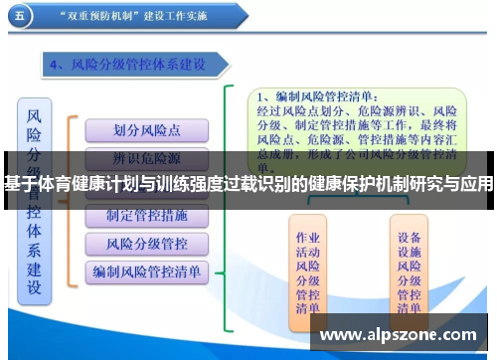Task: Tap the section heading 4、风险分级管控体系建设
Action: [138, 65]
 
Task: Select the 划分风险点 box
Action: [146, 129]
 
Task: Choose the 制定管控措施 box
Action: [146, 216]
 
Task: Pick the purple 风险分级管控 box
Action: [146, 243]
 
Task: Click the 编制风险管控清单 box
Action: [146, 270]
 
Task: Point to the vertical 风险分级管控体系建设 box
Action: [35, 199]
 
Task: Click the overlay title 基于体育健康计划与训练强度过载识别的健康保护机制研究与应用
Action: [248, 182]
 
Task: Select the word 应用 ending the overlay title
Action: [475, 182]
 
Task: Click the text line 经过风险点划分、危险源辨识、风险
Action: [357, 111]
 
